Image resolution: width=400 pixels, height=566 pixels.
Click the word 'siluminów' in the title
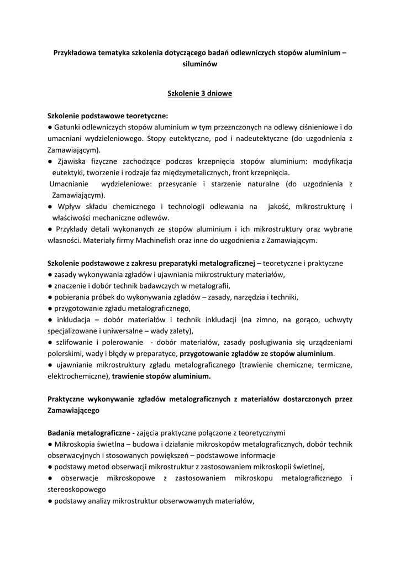pos(199,64)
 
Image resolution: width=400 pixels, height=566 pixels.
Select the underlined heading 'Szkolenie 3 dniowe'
pos(199,93)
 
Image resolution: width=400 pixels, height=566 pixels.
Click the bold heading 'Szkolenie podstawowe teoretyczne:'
pos(108,117)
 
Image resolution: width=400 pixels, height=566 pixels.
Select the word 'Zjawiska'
pos(75,161)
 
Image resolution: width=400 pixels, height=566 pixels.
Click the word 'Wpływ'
pos(69,206)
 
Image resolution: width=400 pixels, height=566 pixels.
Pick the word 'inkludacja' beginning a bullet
pos(74,319)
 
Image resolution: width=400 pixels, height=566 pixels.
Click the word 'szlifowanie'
pos(76,343)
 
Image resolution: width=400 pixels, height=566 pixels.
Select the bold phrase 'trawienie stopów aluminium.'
pos(161,376)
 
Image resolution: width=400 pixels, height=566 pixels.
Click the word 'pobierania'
pos(72,297)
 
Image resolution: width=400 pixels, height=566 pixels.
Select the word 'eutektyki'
pos(69,172)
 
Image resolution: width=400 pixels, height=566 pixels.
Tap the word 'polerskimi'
pos(66,353)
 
